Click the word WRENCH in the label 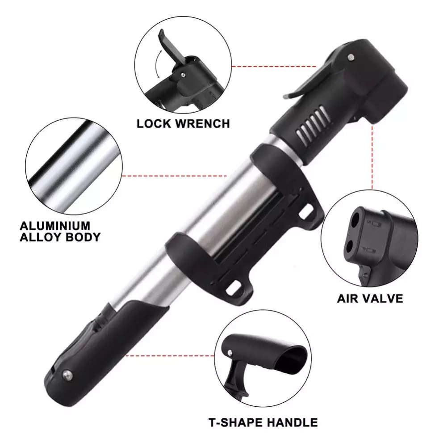point(201,123)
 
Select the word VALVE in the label point(383,298)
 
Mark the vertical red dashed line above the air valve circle point(372,156)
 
